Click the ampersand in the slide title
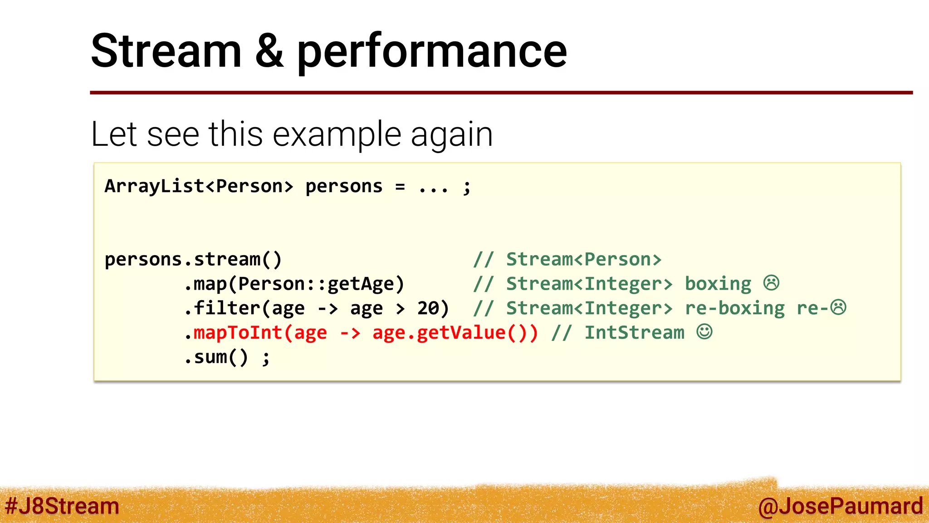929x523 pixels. click(269, 51)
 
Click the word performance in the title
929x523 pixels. click(431, 53)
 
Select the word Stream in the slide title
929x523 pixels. click(166, 51)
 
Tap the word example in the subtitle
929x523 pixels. click(337, 135)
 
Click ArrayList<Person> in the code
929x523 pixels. click(199, 186)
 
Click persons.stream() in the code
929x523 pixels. click(193, 260)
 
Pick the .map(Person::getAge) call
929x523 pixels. click(294, 284)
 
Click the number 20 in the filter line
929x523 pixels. click(428, 308)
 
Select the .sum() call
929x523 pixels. click(216, 357)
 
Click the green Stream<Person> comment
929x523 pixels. click(583, 260)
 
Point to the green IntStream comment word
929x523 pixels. click(634, 333)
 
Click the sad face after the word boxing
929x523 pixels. click(771, 283)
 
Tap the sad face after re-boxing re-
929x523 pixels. click(838, 307)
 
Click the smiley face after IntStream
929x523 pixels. click(704, 332)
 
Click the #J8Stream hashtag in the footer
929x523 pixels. click(62, 506)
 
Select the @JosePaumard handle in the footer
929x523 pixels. click(840, 506)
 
